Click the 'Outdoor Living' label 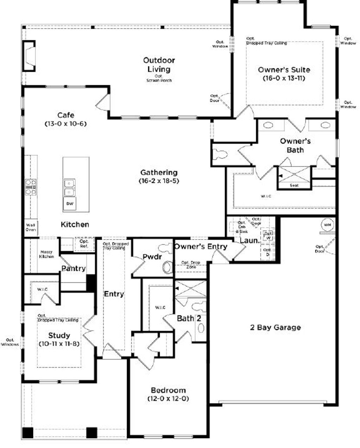tap(159, 65)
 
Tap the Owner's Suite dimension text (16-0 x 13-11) tap(284, 78)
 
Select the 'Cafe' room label tap(66, 115)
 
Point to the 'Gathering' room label tap(159, 172)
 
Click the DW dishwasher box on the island tap(70, 204)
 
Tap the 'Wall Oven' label tap(31, 227)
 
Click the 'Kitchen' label tap(75, 224)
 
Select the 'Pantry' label tap(73, 268)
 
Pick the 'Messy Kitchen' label tap(46, 254)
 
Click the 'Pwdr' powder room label tap(152, 257)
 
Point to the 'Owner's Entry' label tap(201, 246)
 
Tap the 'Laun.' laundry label tap(250, 241)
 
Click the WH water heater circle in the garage tap(327, 224)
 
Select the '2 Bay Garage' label tap(275, 327)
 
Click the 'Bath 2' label tap(189, 319)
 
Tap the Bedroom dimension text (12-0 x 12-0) tap(168, 399)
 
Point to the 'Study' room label tap(59, 335)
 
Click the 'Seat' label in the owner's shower tap(294, 185)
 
